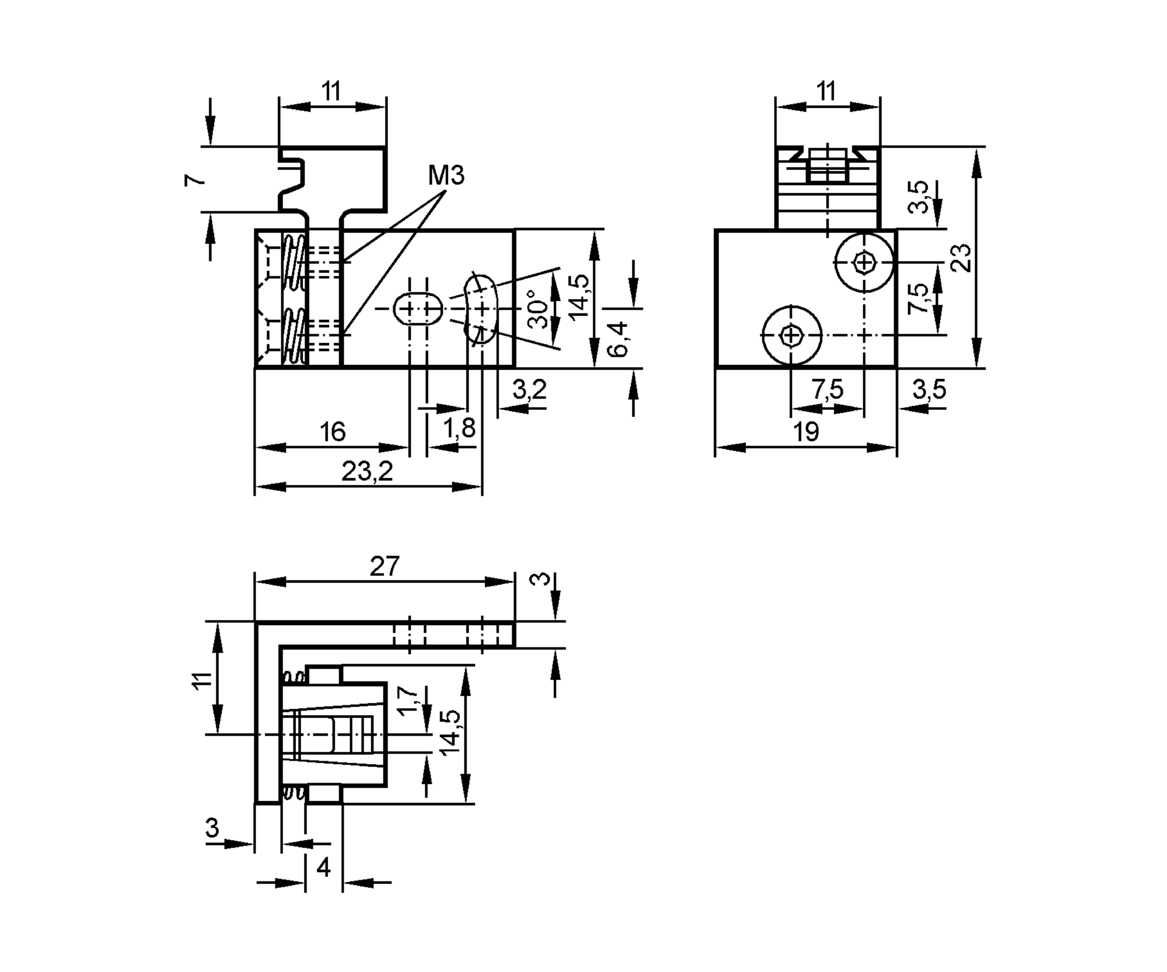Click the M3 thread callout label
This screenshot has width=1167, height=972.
click(x=446, y=175)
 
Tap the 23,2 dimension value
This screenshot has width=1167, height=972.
click(x=367, y=471)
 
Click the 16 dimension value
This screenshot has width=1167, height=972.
click(x=332, y=432)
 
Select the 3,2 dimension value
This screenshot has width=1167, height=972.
click(x=529, y=389)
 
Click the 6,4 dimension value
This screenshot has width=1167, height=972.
click(x=618, y=338)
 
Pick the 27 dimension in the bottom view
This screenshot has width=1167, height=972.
click(x=385, y=566)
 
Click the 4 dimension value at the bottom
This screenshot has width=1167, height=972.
click(x=323, y=868)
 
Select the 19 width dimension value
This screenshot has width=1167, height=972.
click(x=806, y=432)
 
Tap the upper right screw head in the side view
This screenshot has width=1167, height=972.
click(x=864, y=262)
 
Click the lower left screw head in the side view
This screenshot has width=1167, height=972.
click(x=791, y=335)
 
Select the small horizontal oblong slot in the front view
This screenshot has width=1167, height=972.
click(x=418, y=308)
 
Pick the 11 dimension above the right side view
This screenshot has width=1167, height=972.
click(x=826, y=92)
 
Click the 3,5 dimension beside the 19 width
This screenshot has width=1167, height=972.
click(x=928, y=389)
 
